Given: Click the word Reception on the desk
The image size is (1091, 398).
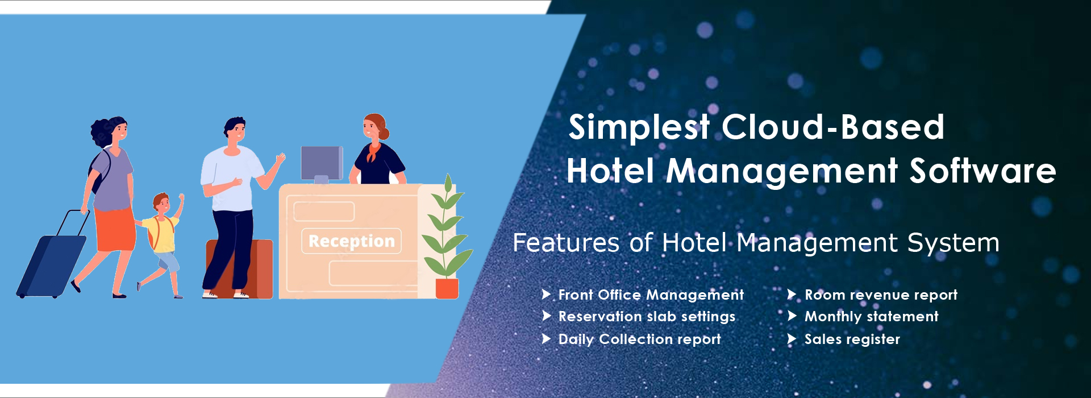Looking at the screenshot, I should [x=351, y=241].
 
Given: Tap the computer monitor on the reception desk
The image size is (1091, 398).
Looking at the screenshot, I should [x=322, y=163].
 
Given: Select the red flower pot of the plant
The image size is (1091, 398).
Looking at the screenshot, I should [x=447, y=288].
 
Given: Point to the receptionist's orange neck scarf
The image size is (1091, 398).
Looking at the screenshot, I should [x=373, y=151].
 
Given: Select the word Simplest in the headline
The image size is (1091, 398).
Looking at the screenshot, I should [x=639, y=127].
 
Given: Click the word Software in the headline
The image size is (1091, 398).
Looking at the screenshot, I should [x=982, y=171].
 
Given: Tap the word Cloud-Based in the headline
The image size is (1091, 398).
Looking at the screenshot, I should [x=833, y=127].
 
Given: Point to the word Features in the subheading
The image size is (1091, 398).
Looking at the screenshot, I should [x=565, y=243].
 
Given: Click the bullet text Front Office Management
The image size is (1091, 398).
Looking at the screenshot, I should [x=651, y=295].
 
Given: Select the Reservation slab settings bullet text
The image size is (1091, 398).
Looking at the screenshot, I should [x=647, y=316].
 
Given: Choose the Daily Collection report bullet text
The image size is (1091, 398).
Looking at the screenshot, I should [x=639, y=339].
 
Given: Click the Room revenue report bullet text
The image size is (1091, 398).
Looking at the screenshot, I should [x=881, y=295].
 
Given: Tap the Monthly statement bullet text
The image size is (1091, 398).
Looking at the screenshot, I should [x=871, y=316].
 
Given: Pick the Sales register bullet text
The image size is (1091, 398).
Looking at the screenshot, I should [x=852, y=339].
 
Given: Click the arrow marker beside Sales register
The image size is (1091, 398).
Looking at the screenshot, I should [x=792, y=339].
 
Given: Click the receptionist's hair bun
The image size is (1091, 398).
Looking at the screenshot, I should [x=385, y=133].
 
